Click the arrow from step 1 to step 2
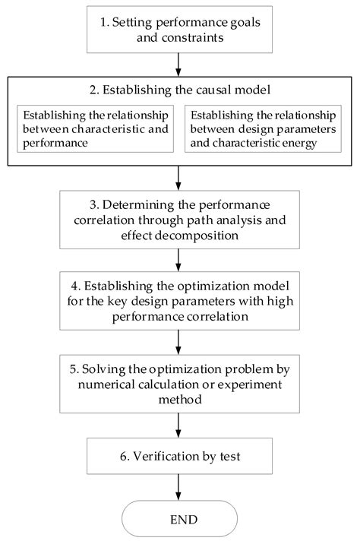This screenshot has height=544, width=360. pyautogui.click(x=178, y=65)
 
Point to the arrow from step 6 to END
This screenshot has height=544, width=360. pyautogui.click(x=178, y=487)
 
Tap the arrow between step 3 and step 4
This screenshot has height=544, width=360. pyautogui.click(x=178, y=260)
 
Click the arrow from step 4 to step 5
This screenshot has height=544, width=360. pyautogui.click(x=178, y=342)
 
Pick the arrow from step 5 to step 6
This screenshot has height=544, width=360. pyautogui.click(x=178, y=425)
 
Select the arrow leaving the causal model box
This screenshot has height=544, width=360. pyautogui.click(x=178, y=178)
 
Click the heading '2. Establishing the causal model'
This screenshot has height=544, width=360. pyautogui.click(x=180, y=90)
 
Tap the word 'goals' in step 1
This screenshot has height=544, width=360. pyautogui.click(x=245, y=23)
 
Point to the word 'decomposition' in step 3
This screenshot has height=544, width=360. pyautogui.click(x=197, y=236)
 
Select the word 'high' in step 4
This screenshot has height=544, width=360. pyautogui.click(x=280, y=301)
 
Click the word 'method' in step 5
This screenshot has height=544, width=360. pyautogui.click(x=180, y=400)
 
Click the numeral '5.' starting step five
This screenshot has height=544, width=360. pyautogui.click(x=74, y=368)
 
